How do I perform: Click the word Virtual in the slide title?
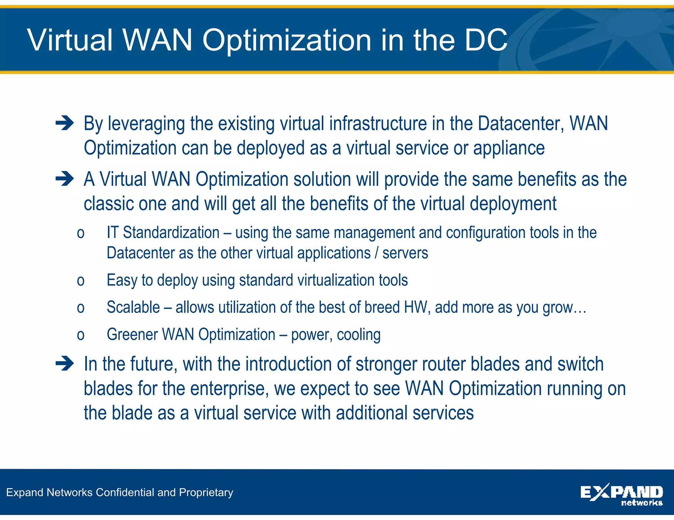tap(70, 40)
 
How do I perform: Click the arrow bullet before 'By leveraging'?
tap(65, 124)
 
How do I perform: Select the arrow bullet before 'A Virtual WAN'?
tap(65, 179)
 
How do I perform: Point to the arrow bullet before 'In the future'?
tap(65, 364)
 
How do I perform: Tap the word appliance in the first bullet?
tap(509, 148)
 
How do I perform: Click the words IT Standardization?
tap(163, 233)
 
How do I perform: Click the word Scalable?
tap(133, 307)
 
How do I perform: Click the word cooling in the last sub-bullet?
tap(359, 335)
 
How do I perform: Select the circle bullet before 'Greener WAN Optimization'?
tap(81, 335)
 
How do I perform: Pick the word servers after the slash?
tap(405, 253)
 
